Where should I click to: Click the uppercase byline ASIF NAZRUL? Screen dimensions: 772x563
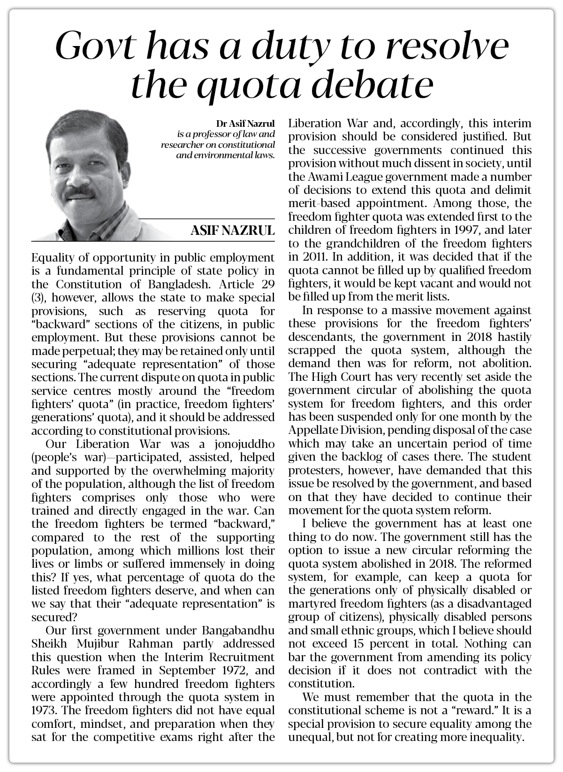232,231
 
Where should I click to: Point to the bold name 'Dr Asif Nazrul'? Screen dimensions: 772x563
245,124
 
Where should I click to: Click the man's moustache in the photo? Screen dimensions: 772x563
79,192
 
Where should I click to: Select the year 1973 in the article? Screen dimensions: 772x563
44,710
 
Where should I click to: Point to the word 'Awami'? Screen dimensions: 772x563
324,177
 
